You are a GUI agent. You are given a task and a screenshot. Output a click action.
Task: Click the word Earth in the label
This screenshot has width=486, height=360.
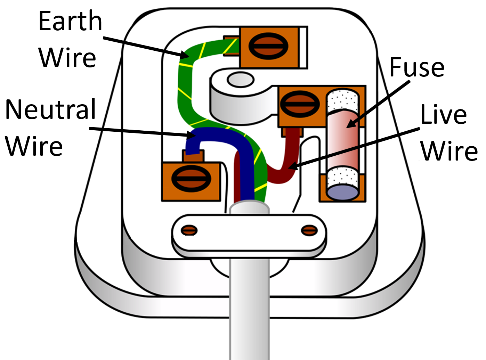coord(70,22)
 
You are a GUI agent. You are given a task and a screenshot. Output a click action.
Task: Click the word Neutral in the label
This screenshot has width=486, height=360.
coord(51,109)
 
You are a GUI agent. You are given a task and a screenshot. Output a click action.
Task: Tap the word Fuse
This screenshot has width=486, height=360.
coord(416,67)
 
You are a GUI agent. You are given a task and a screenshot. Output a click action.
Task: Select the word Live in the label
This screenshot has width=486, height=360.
coord(443,115)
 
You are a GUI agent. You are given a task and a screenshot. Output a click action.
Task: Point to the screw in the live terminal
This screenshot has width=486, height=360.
coord(299,104)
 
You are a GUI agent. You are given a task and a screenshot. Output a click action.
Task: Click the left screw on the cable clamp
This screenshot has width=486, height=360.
coord(189,230)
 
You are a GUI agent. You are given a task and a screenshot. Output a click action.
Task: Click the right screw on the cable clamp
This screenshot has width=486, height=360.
coord(309,230)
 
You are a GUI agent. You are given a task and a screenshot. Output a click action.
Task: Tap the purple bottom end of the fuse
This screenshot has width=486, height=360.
coord(342,192)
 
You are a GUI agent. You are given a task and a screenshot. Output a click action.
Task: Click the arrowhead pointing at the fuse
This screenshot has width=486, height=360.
coord(351,124)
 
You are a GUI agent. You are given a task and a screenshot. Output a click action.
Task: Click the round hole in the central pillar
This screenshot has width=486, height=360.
coord(240,80)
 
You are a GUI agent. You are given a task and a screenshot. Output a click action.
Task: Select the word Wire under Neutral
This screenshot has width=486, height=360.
coord(34,146)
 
